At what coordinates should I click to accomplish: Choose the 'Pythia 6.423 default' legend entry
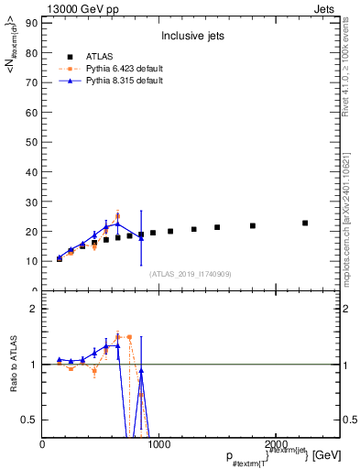pyautogui.click(x=125, y=69)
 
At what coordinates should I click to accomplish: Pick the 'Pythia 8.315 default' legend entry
pyautogui.click(x=125, y=81)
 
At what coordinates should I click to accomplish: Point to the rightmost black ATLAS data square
pyautogui.click(x=305, y=223)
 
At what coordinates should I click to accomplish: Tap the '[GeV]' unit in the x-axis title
pyautogui.click(x=327, y=455)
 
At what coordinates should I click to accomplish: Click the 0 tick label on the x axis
pyautogui.click(x=43, y=444)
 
